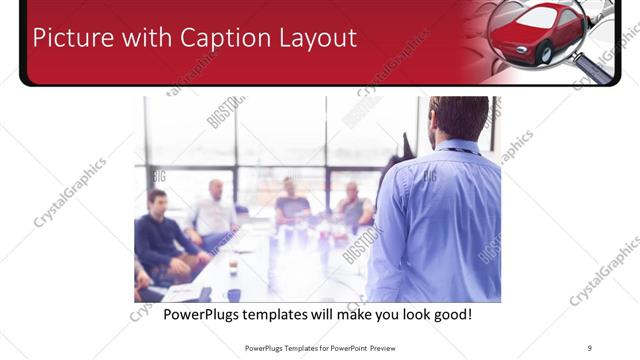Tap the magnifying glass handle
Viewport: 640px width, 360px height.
tap(594, 67)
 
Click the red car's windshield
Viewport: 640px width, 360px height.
tap(541, 17)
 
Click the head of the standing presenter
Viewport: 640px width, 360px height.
tap(459, 117)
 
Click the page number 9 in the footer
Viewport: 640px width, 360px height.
tap(590, 347)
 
